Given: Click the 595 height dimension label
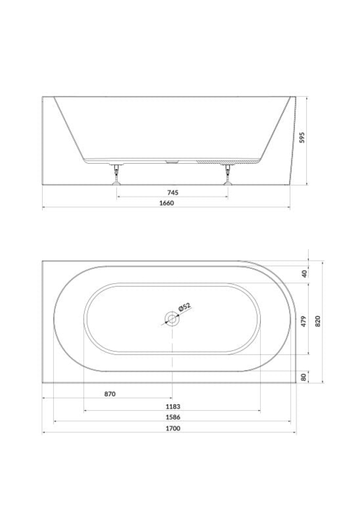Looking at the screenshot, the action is (302, 138).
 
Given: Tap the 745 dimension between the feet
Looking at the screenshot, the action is (172, 193).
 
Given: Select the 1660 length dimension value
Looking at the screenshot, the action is (166, 203).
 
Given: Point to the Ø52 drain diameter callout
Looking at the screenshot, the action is (185, 307).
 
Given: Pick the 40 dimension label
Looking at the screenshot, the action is (305, 274).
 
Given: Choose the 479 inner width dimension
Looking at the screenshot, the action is (304, 321).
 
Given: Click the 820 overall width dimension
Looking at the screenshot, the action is (318, 321).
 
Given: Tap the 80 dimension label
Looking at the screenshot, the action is (304, 377).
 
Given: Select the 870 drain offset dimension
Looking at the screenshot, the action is (110, 394).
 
